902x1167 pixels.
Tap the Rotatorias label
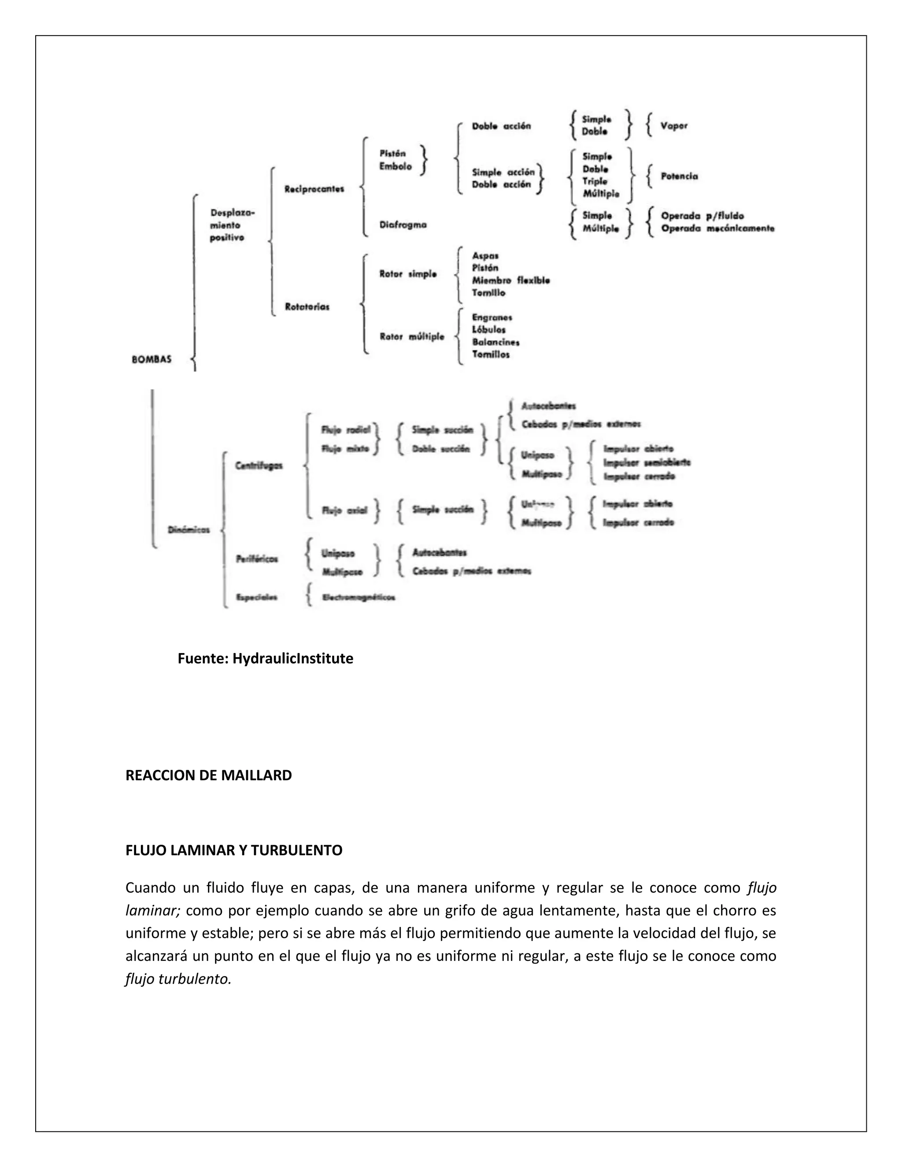(307, 307)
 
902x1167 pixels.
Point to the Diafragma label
(403, 225)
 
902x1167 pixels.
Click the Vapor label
(674, 126)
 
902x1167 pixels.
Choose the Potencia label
(679, 176)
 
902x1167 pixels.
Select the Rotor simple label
(408, 274)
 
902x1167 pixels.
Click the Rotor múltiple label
(411, 336)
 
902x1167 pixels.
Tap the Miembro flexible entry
(511, 281)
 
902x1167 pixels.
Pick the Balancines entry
(495, 343)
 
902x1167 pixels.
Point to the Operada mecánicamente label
(717, 229)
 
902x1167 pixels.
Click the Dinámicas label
(189, 530)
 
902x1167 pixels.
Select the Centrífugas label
(259, 466)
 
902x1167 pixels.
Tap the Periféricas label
(257, 559)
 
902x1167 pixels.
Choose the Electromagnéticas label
(359, 598)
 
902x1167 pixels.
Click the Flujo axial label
(345, 510)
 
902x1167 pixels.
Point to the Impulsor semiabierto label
(647, 463)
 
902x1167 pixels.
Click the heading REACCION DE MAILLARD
(208, 776)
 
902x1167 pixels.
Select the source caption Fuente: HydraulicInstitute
(266, 658)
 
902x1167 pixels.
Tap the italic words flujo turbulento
(178, 979)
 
